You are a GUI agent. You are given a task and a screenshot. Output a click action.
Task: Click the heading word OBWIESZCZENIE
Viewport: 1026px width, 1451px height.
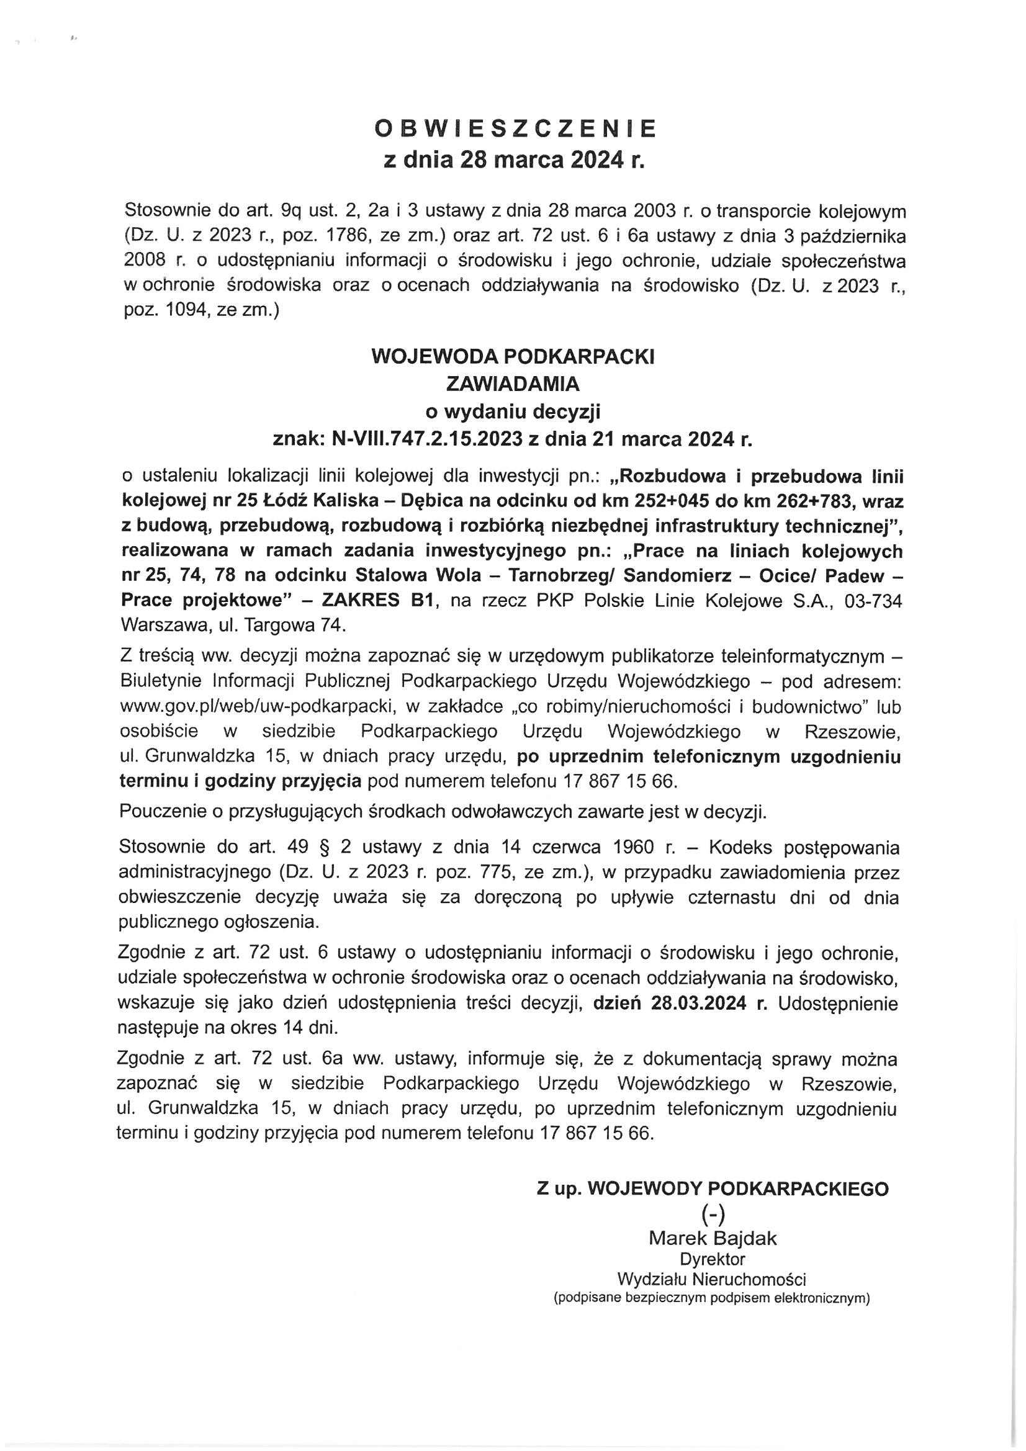515,129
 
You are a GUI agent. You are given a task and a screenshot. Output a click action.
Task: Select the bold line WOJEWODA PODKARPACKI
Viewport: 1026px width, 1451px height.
513,357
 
